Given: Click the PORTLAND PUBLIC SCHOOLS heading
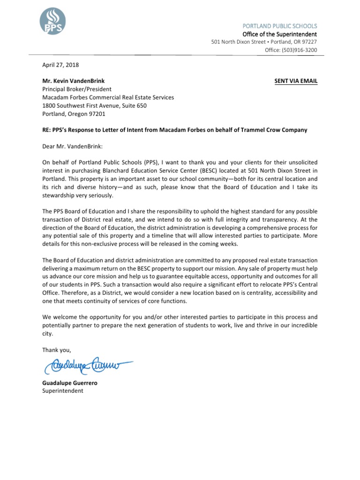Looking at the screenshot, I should (x=280, y=26).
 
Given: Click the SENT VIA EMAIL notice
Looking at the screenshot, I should (x=296, y=81).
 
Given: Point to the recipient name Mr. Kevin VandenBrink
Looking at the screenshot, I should (x=74, y=81).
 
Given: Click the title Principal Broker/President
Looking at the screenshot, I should (x=77, y=89).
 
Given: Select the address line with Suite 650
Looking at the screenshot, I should (x=94, y=105).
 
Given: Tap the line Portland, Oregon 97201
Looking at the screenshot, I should (x=74, y=113).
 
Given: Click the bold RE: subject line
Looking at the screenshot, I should (x=175, y=130).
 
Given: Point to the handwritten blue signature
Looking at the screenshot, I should (x=87, y=364).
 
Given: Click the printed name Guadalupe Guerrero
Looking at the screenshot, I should (x=70, y=382).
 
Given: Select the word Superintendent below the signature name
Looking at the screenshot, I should (x=63, y=390).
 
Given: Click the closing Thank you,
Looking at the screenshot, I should (x=57, y=350).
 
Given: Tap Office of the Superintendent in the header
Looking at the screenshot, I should (x=279, y=34).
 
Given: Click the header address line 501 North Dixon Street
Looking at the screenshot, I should (x=264, y=42).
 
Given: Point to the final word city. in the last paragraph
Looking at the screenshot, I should (x=48, y=334).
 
